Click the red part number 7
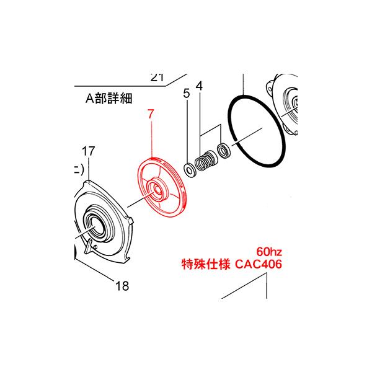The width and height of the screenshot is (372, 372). point(151,115)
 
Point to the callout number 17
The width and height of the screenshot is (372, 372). point(89,150)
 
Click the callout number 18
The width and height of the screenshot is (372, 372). point(122,286)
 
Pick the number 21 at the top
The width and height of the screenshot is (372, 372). point(157,77)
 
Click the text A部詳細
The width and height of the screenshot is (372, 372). point(110,99)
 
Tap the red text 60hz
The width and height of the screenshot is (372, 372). point(269,252)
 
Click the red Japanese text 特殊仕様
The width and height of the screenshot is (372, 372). point(199,265)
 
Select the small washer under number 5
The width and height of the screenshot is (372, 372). point(188,170)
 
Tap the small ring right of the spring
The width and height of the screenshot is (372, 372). point(223,150)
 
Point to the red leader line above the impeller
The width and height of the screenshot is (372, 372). point(151,139)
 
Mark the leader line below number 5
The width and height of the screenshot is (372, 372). point(187,130)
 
